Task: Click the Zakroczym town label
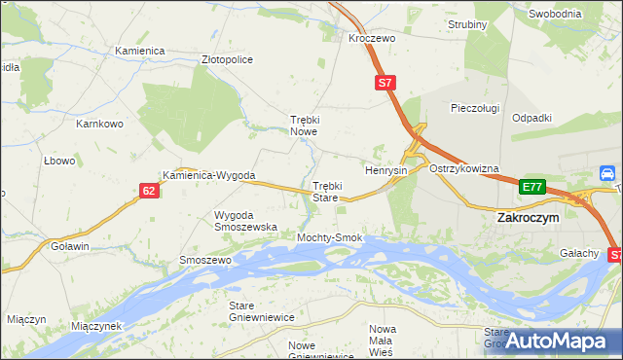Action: click(x=528, y=219)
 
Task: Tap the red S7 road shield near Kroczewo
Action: click(x=385, y=84)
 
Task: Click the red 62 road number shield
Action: click(x=149, y=191)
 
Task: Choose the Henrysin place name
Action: click(x=385, y=169)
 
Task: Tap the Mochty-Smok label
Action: click(x=330, y=237)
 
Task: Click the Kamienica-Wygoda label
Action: click(x=209, y=176)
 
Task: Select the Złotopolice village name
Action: click(x=227, y=59)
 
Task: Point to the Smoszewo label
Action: click(x=204, y=261)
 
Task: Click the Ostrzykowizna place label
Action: click(x=464, y=168)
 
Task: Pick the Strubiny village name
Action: click(x=466, y=24)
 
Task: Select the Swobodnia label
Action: click(x=555, y=14)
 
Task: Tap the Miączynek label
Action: click(x=95, y=326)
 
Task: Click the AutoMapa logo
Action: click(x=557, y=341)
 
